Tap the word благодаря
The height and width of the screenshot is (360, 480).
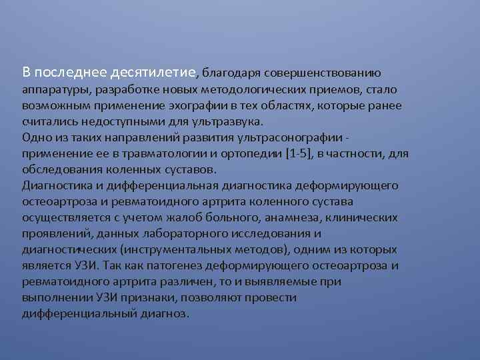(x=231, y=72)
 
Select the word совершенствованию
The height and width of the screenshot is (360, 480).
(x=323, y=72)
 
